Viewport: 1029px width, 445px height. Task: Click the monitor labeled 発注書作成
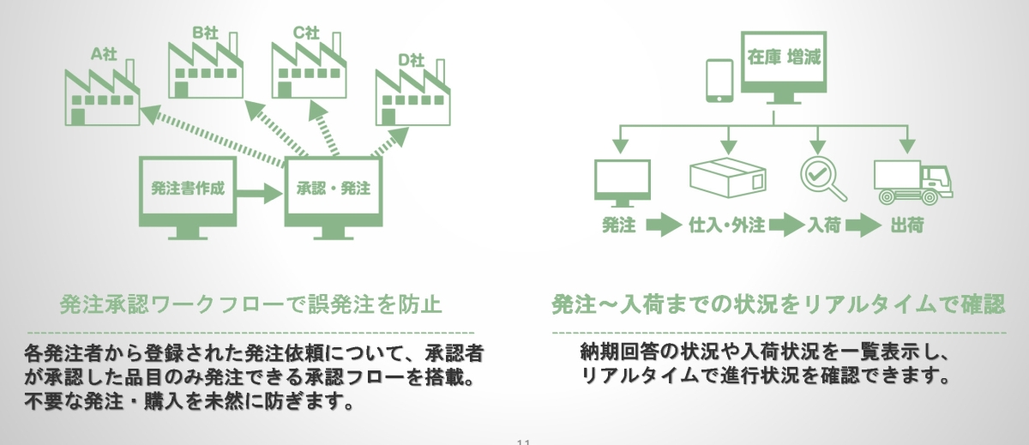[x=187, y=193]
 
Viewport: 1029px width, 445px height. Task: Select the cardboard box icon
[x=726, y=177]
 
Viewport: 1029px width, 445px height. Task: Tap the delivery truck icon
[x=912, y=183]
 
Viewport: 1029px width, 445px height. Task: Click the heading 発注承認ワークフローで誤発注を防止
[x=250, y=304]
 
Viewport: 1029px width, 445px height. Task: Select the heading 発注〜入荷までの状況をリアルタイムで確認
[x=778, y=304]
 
